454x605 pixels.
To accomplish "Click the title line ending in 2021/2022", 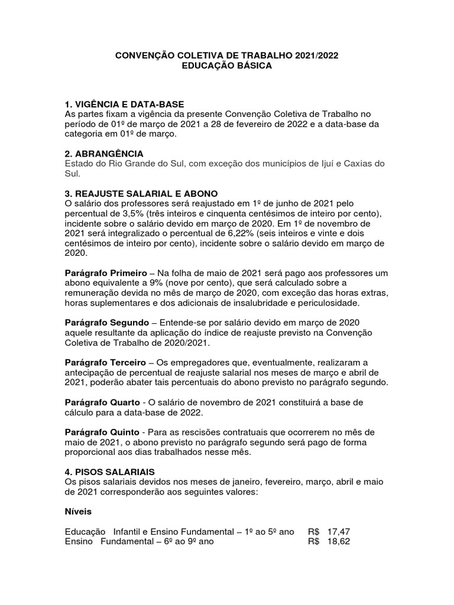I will (x=227, y=56).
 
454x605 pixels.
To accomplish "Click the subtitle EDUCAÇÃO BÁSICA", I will (x=227, y=66).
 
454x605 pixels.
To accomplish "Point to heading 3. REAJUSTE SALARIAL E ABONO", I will (x=141, y=194).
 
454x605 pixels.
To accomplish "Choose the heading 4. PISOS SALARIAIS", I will (x=109, y=471).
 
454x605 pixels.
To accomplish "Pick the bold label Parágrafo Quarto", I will (x=102, y=402).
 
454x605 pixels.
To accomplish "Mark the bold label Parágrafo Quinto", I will (x=102, y=432).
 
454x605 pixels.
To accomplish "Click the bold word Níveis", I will (x=78, y=512).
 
